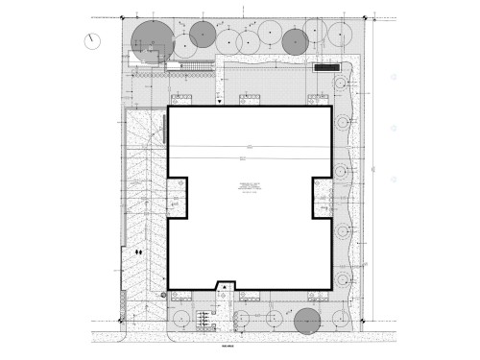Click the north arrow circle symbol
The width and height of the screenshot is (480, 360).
(91, 39)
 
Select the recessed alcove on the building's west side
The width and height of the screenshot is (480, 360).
(177, 197)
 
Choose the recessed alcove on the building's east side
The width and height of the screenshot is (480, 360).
(321, 197)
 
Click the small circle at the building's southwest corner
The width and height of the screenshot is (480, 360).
(163, 293)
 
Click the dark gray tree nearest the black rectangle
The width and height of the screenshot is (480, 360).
(294, 40)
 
